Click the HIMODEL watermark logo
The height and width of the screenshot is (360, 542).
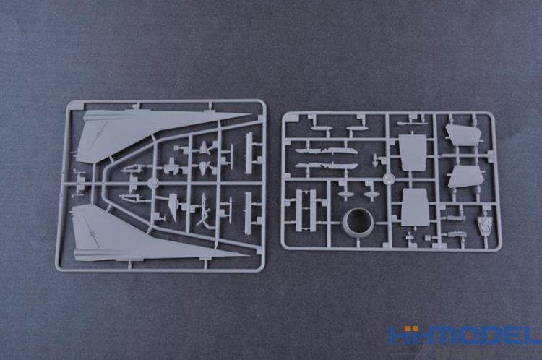click(x=465, y=335)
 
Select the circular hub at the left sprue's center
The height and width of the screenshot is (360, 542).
click(x=152, y=183)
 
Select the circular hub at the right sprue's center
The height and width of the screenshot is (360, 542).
click(x=390, y=179)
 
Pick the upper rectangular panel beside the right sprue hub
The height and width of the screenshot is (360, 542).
click(x=413, y=153)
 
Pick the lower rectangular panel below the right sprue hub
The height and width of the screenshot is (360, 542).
click(x=416, y=207)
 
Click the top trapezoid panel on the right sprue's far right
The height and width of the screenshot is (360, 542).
click(x=463, y=135)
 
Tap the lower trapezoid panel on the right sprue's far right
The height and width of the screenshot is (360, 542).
click(x=465, y=177)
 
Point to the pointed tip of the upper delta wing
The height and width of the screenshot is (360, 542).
click(x=251, y=114)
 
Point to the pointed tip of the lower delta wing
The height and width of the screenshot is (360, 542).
click(x=249, y=256)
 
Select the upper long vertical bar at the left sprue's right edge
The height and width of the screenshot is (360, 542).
click(x=249, y=153)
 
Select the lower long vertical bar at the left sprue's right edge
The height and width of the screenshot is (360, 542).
click(x=248, y=213)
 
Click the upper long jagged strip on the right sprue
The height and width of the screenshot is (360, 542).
click(x=327, y=151)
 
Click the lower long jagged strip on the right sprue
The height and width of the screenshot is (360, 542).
click(x=327, y=166)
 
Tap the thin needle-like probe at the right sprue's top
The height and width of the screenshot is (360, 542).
click(x=412, y=123)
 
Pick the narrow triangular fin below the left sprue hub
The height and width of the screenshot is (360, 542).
click(x=173, y=207)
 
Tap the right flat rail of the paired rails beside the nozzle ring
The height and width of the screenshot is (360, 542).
click(x=313, y=210)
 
